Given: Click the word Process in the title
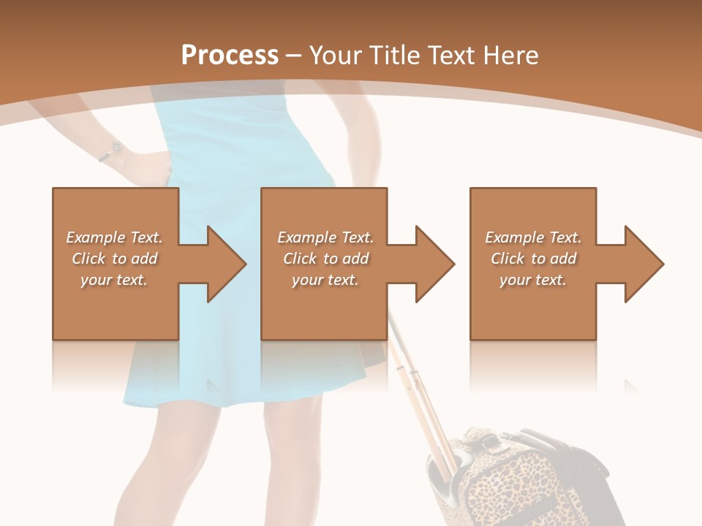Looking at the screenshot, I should [x=230, y=56].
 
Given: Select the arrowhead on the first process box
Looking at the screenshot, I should [x=224, y=264].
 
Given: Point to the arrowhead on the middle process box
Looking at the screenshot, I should [x=433, y=264].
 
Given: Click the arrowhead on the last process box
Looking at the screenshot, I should [x=642, y=264].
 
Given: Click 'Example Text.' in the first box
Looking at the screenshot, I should [x=114, y=237].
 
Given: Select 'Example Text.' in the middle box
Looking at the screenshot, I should [x=325, y=237].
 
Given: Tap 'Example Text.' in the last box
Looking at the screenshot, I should [x=533, y=237].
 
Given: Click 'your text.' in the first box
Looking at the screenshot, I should [x=114, y=280].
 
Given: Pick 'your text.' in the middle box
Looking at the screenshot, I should [x=325, y=280].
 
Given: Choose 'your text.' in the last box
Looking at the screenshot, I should [x=533, y=280].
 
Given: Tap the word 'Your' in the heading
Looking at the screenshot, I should [x=336, y=56].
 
